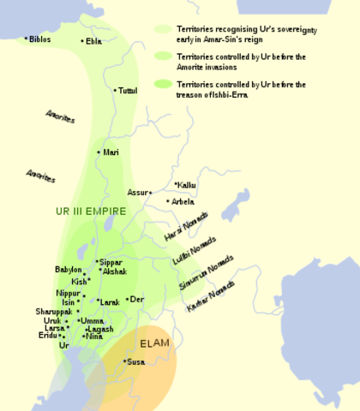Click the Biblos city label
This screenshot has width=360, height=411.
coord(40,39)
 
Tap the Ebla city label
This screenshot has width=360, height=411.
coord(93,40)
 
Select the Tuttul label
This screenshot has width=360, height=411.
coord(127,90)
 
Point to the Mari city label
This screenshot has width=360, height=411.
coord(111,152)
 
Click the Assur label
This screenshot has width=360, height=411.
coord(138,193)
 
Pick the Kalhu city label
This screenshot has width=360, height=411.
coord(187,184)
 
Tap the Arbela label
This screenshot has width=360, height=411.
coord(183,202)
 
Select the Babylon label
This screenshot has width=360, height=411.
coord(69,270)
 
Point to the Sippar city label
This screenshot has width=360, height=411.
coord(111,262)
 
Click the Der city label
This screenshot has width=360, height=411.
coord(135,300)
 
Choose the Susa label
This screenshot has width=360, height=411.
coord(135,362)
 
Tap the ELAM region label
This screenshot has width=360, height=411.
coord(155,343)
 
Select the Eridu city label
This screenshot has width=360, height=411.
coord(48,336)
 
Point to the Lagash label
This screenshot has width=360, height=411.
coord(99,329)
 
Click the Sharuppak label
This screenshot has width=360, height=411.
coord(53,312)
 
